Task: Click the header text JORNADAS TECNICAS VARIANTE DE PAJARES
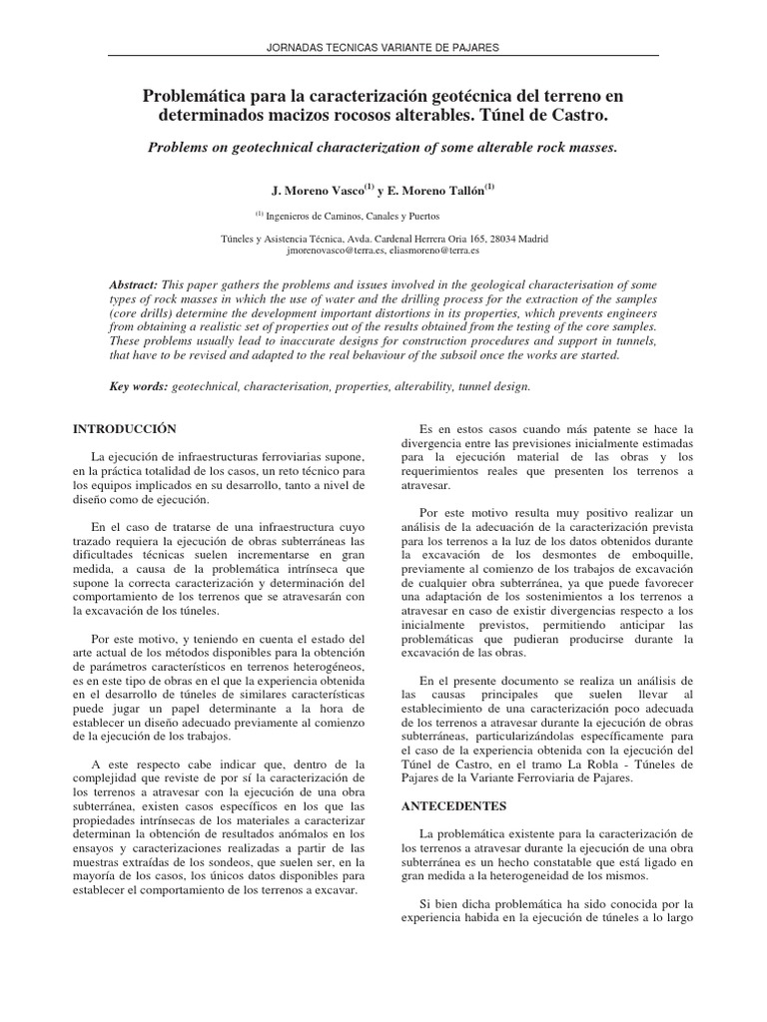[383, 47]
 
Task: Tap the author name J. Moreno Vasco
[318, 190]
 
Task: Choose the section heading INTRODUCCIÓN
[125, 428]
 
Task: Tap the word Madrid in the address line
[531, 240]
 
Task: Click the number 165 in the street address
[468, 240]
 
